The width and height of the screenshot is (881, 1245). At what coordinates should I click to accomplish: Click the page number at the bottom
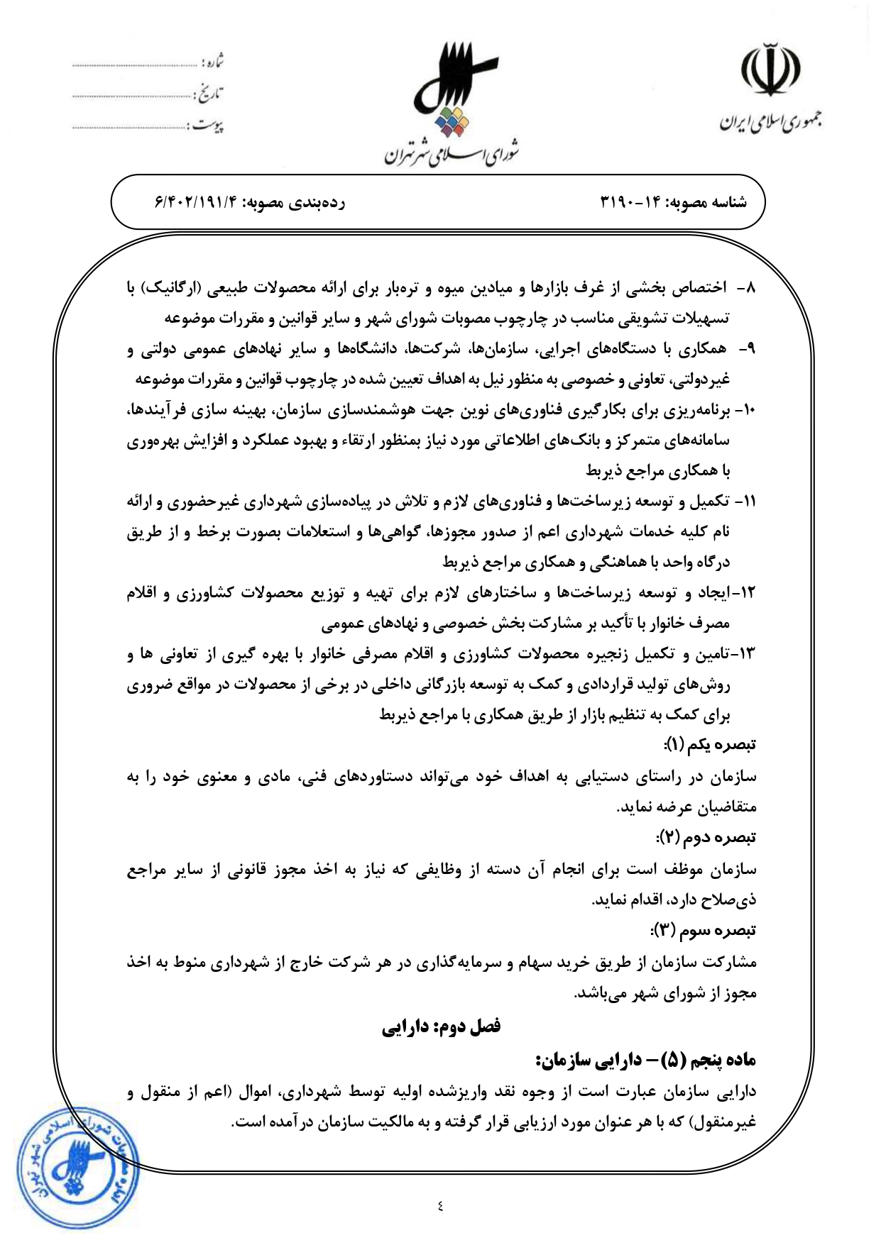click(x=440, y=1205)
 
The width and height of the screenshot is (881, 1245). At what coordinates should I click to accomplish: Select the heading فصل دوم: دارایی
click(x=441, y=1027)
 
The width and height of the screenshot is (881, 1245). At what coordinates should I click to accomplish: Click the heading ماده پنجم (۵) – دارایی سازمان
click(x=646, y=1060)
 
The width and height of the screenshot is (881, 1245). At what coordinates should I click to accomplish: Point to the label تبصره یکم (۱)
click(x=710, y=745)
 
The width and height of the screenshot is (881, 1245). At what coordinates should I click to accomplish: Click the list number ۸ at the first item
click(x=750, y=288)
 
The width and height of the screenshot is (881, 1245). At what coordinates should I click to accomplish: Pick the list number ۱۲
click(x=748, y=593)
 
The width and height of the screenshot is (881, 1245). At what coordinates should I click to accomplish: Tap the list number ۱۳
click(x=748, y=654)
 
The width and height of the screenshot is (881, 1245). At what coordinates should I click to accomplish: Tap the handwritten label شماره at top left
click(x=212, y=62)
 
